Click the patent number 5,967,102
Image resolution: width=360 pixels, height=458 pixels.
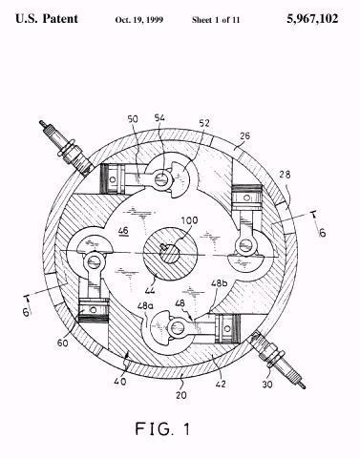point(312,19)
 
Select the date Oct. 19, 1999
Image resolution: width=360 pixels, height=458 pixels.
point(139,20)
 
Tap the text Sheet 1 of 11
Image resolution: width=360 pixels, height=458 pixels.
point(216,20)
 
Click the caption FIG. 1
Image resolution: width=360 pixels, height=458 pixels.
point(162,428)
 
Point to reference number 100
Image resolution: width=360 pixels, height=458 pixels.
point(189,220)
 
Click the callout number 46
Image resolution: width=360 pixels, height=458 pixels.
point(123,230)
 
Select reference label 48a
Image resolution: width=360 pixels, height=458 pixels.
point(145,306)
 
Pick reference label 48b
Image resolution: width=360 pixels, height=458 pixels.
point(220,282)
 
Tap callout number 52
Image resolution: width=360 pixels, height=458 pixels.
point(204,123)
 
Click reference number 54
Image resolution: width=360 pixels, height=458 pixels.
point(159,117)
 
